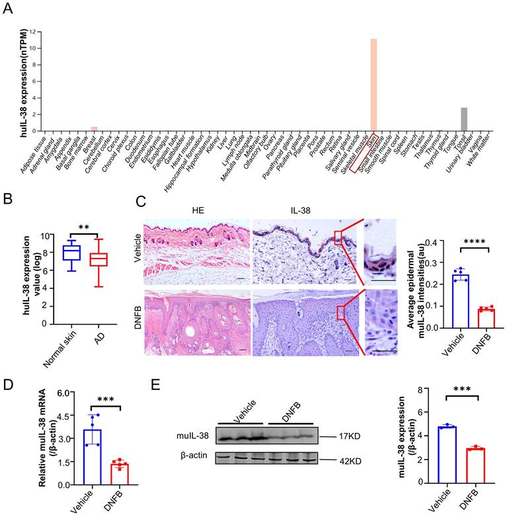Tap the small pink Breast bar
(x=95, y=128)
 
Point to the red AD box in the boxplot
(x=98, y=259)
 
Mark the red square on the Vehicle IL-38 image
(x=338, y=238)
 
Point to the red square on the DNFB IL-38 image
(x=341, y=313)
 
